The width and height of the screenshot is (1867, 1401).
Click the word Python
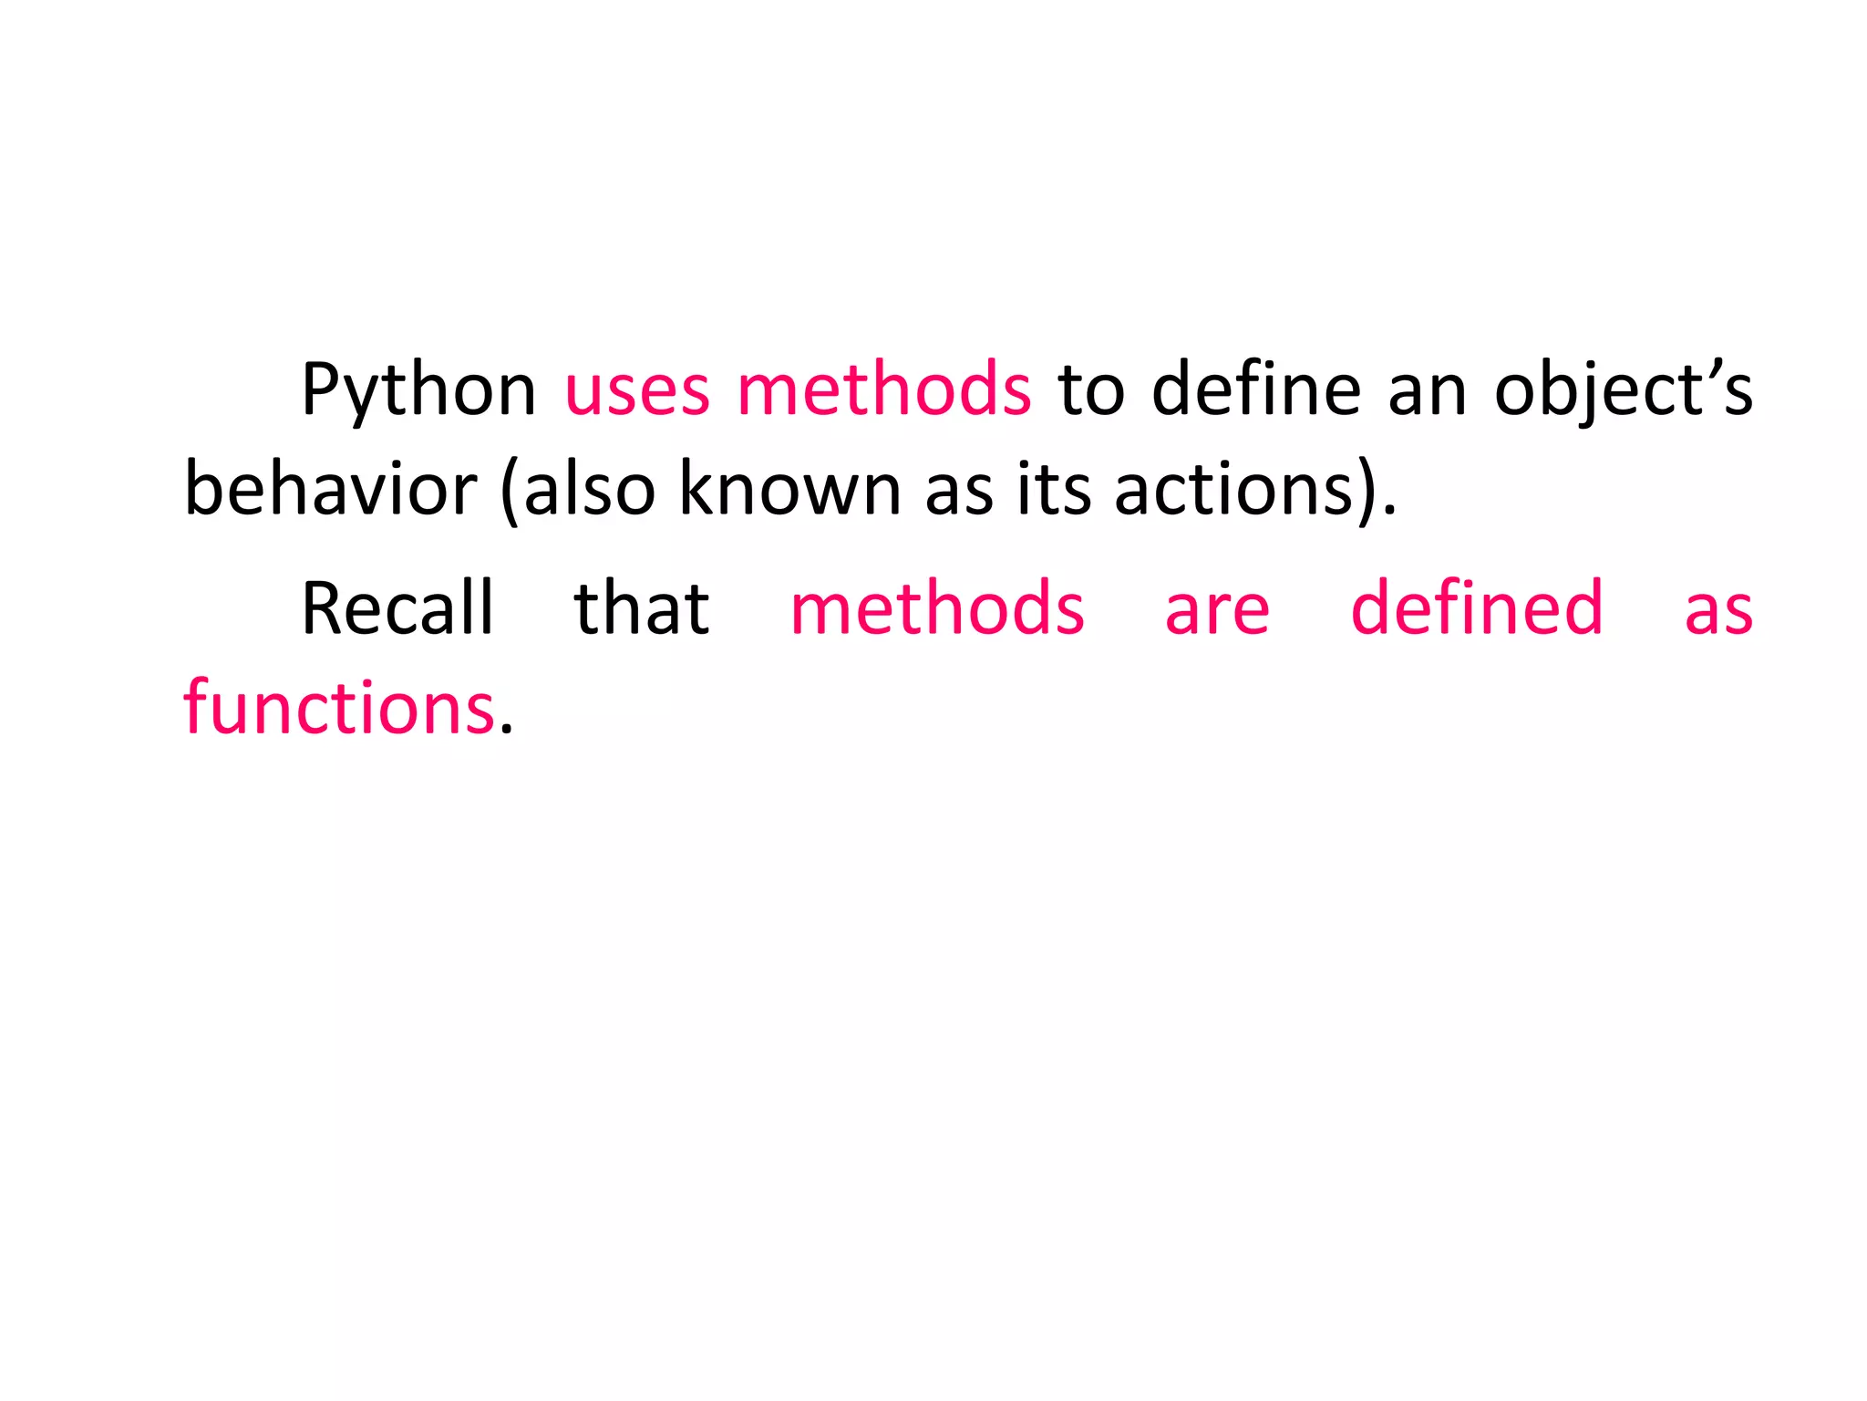click(x=418, y=390)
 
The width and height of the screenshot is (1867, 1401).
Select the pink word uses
click(x=636, y=390)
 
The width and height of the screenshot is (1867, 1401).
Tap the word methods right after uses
click(x=883, y=390)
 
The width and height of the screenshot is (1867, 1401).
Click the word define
click(x=1256, y=390)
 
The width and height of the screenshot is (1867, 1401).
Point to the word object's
click(x=1623, y=390)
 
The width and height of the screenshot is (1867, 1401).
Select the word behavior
click(x=330, y=490)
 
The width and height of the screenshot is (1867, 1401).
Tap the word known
click(x=789, y=490)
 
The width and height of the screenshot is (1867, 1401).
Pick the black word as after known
click(x=958, y=490)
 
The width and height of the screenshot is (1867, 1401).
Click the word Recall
click(x=397, y=608)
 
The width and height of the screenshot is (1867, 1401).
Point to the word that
click(x=642, y=608)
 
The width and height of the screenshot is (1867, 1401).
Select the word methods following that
click(x=937, y=608)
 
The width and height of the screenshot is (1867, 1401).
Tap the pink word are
click(x=1217, y=608)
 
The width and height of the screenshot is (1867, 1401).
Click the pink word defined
click(x=1476, y=608)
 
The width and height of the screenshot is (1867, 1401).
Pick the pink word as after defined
click(x=1718, y=608)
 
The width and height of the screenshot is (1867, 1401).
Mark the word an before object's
click(x=1428, y=390)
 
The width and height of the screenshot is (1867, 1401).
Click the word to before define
click(x=1091, y=390)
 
